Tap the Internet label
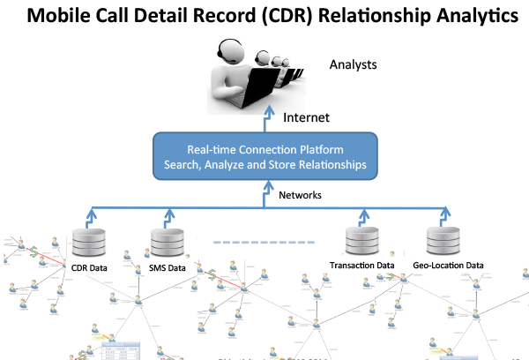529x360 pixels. coord(307,116)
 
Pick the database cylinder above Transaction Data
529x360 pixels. coord(361,241)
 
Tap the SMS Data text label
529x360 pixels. coord(168,267)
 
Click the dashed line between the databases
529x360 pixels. coord(264,240)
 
